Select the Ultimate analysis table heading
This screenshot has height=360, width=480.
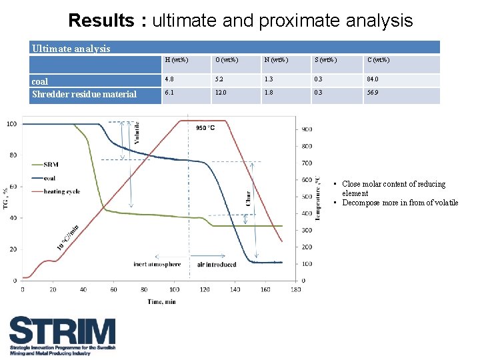pyautogui.click(x=71, y=48)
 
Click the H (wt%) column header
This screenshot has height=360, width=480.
pyautogui.click(x=176, y=61)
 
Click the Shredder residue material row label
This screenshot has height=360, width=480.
pyautogui.click(x=84, y=94)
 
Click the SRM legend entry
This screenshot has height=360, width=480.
pyautogui.click(x=51, y=164)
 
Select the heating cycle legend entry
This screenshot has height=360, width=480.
pyautogui.click(x=61, y=191)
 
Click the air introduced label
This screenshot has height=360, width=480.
pyautogui.click(x=217, y=265)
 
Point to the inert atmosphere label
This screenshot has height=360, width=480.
pyautogui.click(x=157, y=265)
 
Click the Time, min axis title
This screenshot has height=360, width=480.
pyautogui.click(x=162, y=301)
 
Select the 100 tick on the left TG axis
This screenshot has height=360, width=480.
pyautogui.click(x=12, y=124)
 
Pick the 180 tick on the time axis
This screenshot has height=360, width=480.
pyautogui.click(x=296, y=289)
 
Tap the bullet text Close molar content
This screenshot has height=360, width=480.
pyautogui.click(x=393, y=184)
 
